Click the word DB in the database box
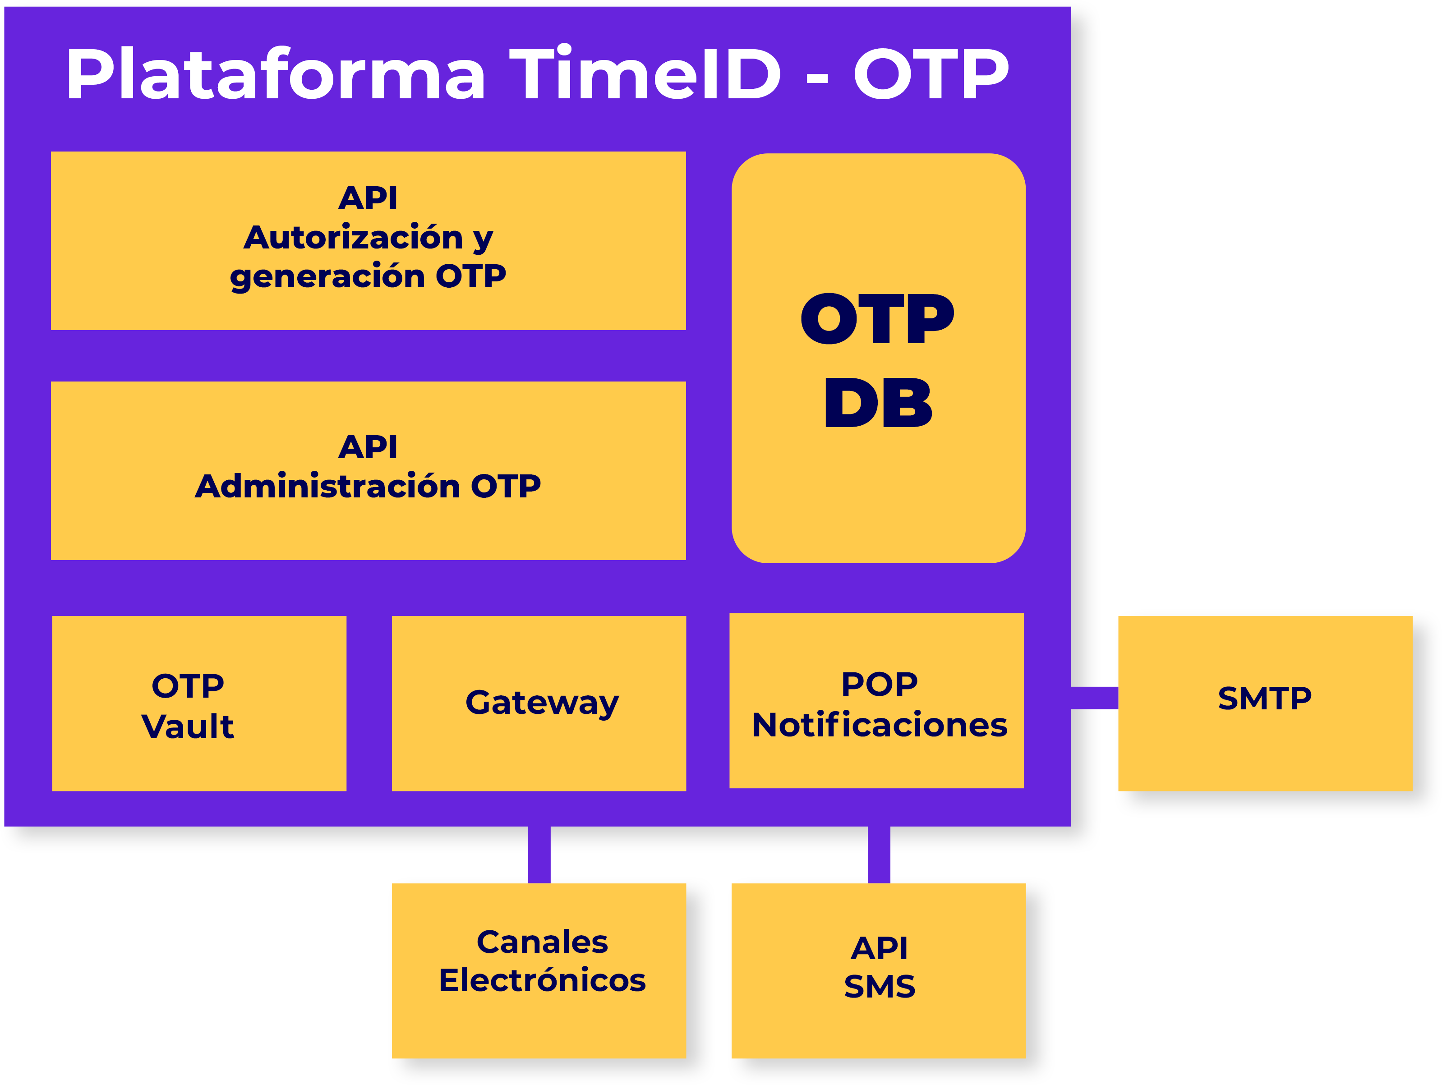pos(878,403)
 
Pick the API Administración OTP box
pos(369,470)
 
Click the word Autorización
pos(353,237)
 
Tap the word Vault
pos(188,726)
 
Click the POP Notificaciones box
pos(876,700)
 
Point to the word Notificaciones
pos(880,725)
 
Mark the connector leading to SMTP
pos(1095,697)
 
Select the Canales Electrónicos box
pos(539,971)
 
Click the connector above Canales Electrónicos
pos(539,855)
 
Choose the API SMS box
pos(878,971)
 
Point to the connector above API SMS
pos(879,855)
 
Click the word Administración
pos(328,486)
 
